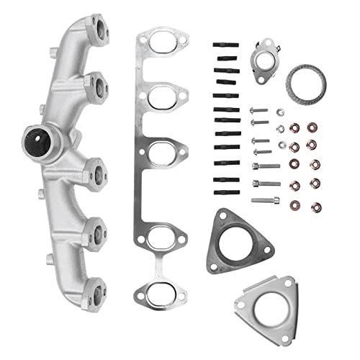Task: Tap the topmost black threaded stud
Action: [x=222, y=45]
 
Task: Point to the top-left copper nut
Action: [x=294, y=127]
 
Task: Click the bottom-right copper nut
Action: [x=314, y=207]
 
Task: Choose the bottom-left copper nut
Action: [x=296, y=207]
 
